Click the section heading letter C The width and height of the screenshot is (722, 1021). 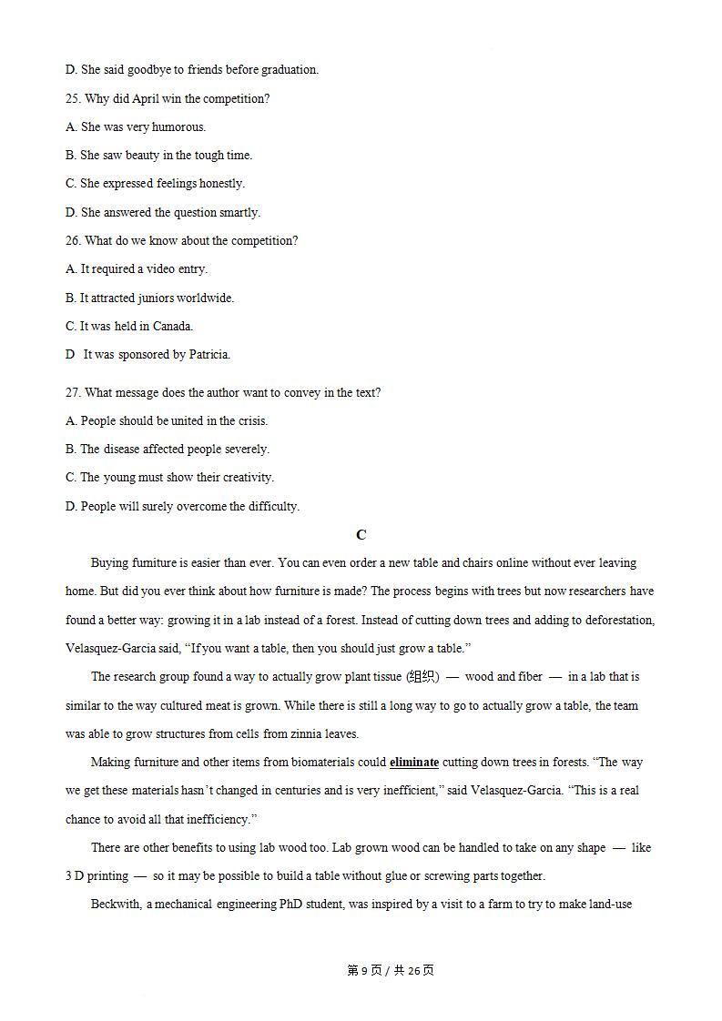361,535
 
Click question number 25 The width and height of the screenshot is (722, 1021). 74,98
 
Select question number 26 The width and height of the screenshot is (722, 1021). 74,240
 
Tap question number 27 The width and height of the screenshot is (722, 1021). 74,392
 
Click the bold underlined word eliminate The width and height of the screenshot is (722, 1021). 414,762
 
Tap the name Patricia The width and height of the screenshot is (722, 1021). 208,354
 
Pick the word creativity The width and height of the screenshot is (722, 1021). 245,477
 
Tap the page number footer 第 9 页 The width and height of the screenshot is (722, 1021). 365,970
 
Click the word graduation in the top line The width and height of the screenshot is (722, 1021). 289,69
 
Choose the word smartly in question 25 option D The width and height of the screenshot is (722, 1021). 239,212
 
